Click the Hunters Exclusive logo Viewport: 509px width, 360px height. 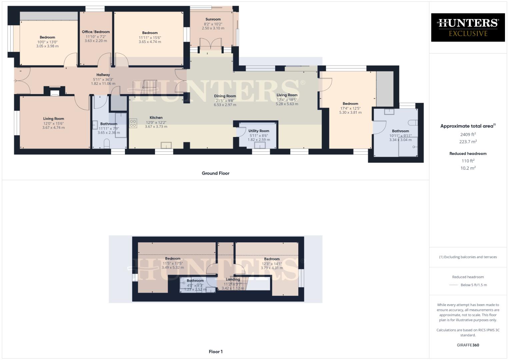[468, 27]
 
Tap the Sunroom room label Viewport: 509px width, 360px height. [213, 19]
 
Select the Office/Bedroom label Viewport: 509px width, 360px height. [96, 32]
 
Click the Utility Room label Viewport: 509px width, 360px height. [259, 131]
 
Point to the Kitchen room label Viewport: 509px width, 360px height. [156, 118]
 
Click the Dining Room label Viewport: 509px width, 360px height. [225, 96]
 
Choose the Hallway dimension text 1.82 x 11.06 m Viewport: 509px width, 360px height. [103, 84]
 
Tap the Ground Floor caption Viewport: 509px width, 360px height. [215, 173]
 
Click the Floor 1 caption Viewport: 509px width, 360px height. [216, 352]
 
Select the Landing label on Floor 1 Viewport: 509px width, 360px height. [233, 279]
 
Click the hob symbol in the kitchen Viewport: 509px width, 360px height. [133, 123]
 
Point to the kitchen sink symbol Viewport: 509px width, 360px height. [166, 145]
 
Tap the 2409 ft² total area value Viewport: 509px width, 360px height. [468, 135]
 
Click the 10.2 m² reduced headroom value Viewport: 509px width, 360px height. [468, 168]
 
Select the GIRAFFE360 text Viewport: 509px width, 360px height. [468, 345]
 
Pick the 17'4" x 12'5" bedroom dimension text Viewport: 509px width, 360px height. [350, 108]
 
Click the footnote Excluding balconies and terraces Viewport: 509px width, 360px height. [468, 257]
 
